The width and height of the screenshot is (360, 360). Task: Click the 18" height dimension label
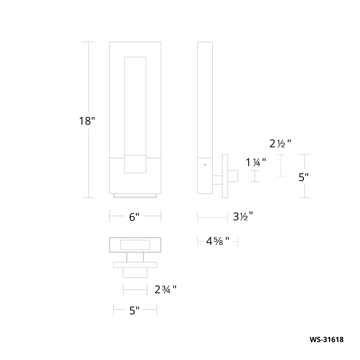[x=87, y=121]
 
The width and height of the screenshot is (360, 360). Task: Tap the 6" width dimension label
[x=134, y=217]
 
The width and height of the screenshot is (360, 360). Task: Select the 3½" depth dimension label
[x=243, y=217]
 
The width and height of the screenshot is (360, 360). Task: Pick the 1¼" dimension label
[x=256, y=162]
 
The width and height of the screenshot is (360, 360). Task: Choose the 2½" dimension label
[x=280, y=144]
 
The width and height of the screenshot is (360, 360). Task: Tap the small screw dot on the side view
[x=205, y=165]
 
